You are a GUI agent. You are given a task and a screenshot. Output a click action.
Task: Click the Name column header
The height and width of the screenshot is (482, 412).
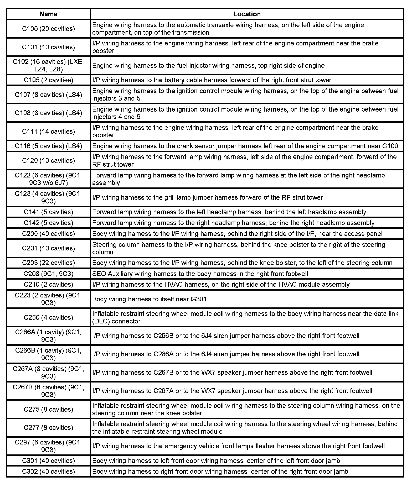coord(48,14)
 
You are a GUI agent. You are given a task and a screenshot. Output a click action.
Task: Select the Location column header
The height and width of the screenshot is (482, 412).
coord(247,14)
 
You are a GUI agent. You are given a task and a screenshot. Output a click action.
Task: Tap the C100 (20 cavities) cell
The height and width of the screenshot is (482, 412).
coord(48,29)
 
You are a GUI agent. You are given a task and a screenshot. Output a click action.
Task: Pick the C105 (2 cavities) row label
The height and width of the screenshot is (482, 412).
coord(48,80)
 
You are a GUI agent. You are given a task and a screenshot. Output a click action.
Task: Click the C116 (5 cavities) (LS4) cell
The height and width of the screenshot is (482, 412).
coord(48,146)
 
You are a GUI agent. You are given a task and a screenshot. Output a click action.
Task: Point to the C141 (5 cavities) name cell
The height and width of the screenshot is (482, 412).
coord(48,212)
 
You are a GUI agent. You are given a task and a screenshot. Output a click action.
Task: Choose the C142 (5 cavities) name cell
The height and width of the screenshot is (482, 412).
coord(48,223)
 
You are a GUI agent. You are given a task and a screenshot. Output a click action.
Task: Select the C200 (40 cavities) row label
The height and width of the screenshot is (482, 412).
coord(48,234)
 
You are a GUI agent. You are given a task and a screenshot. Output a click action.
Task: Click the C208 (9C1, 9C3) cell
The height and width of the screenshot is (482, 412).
coord(48,274)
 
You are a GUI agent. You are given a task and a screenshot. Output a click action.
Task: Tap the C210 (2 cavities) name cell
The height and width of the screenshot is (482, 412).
coord(48,284)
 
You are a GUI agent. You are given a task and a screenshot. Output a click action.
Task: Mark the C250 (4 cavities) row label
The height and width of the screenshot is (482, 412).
coord(48,317)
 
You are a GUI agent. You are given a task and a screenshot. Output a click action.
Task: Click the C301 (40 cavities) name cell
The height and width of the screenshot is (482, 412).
coord(48,460)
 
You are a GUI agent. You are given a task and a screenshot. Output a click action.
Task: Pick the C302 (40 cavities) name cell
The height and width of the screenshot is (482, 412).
coord(48,471)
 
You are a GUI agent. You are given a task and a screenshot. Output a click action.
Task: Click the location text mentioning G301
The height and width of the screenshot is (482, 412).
coord(149,299)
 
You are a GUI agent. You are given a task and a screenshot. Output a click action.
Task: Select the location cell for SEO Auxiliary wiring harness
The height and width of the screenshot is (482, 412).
coord(200,274)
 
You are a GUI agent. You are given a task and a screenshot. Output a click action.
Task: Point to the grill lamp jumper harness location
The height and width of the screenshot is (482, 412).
coord(207,197)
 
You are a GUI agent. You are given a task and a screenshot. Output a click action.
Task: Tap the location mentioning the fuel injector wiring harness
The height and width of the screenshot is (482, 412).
coord(208,65)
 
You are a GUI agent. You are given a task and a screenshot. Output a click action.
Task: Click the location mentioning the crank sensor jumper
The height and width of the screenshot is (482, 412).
coord(245,146)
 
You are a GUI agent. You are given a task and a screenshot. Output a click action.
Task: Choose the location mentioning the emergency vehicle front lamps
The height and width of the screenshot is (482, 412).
coord(238,446)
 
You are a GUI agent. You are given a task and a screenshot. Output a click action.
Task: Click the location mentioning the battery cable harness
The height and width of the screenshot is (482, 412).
coord(212,80)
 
